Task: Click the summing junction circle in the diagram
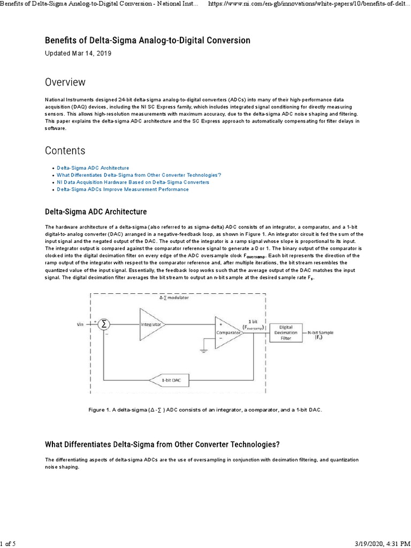click(x=104, y=324)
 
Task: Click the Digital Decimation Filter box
click(x=286, y=332)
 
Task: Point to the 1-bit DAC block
click(x=173, y=380)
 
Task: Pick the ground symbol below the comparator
click(x=203, y=351)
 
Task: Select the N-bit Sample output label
click(x=321, y=334)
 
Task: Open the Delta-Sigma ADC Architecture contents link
click(x=93, y=168)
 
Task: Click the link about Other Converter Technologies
click(x=139, y=175)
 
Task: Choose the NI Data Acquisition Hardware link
click(x=133, y=182)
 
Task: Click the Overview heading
click(x=65, y=82)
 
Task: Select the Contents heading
click(x=65, y=150)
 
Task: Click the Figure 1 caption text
click(x=206, y=409)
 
